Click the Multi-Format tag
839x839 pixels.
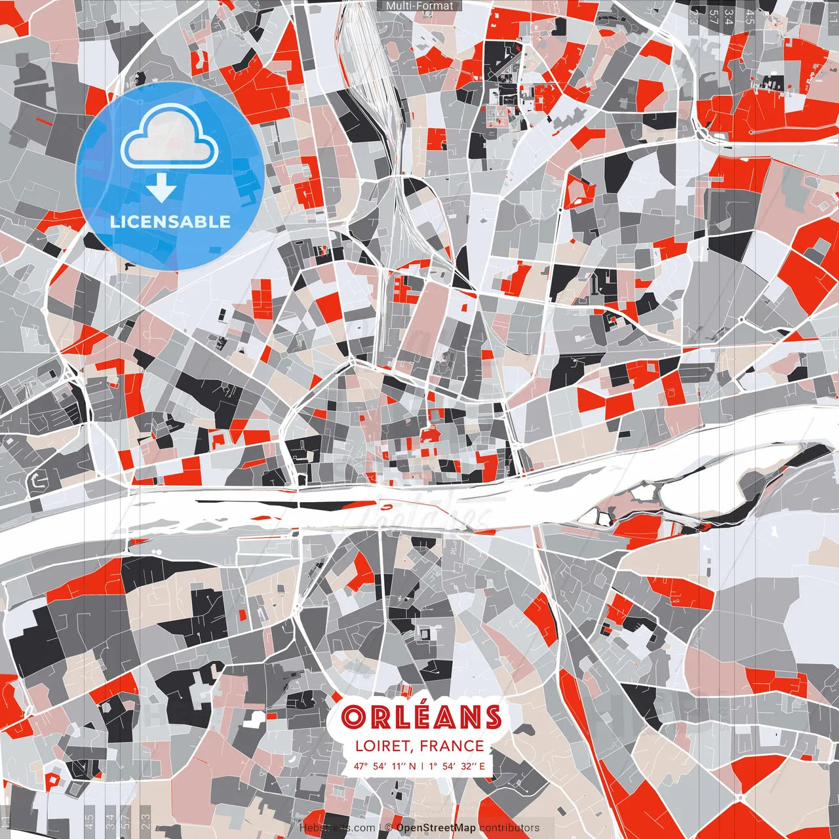pyautogui.click(x=419, y=6)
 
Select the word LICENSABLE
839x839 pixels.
pyautogui.click(x=170, y=222)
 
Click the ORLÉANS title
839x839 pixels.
pyautogui.click(x=421, y=717)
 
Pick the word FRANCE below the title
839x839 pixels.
pyautogui.click(x=452, y=746)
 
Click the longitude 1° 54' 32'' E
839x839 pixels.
pyautogui.click(x=458, y=766)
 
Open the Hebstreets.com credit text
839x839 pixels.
pyautogui.click(x=337, y=828)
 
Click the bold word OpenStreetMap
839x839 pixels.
pyautogui.click(x=436, y=828)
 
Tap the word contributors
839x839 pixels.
pyautogui.click(x=509, y=828)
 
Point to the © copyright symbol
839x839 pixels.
pyautogui.click(x=388, y=828)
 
